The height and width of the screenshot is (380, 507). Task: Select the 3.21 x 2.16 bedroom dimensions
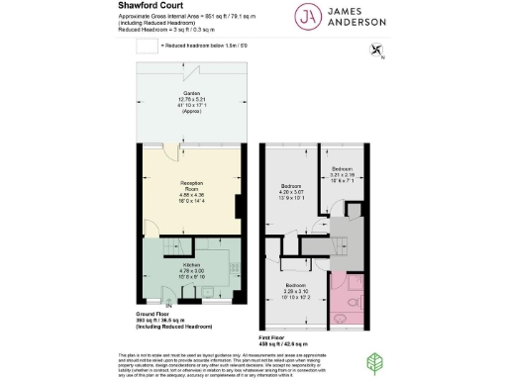(x=346, y=175)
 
